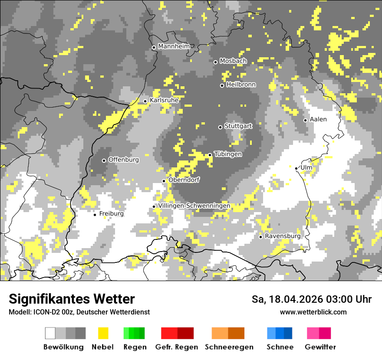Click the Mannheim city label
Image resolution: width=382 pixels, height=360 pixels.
[x=174, y=46]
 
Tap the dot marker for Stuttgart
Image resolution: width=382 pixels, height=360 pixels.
[x=220, y=127]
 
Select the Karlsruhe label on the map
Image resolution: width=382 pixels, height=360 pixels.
[x=164, y=100]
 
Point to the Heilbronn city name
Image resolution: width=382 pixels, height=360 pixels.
[x=241, y=85]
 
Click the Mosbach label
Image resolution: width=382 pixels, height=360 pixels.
[x=233, y=61]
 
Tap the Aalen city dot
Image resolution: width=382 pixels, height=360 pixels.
[x=305, y=120]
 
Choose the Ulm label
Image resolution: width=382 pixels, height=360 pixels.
[x=306, y=167]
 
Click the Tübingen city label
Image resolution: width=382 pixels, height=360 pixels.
[x=228, y=154]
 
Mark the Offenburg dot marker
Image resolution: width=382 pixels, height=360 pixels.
[x=104, y=160]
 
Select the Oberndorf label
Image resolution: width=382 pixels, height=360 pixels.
[x=184, y=180]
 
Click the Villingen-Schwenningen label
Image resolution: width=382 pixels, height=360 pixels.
[x=194, y=206]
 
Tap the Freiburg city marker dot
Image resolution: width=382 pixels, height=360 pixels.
[x=95, y=215]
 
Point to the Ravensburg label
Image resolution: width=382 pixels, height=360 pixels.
[x=283, y=236]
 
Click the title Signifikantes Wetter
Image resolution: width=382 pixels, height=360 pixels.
[x=72, y=299]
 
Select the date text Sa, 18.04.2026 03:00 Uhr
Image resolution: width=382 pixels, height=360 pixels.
[x=311, y=299]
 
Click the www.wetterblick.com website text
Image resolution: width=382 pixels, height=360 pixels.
[x=313, y=312]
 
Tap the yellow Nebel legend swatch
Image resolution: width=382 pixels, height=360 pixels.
[x=103, y=333]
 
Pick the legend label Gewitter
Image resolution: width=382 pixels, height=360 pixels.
[x=320, y=347]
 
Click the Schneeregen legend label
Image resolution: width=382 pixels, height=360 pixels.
[x=229, y=347]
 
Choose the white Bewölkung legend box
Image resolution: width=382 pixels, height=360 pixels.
[x=50, y=333]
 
